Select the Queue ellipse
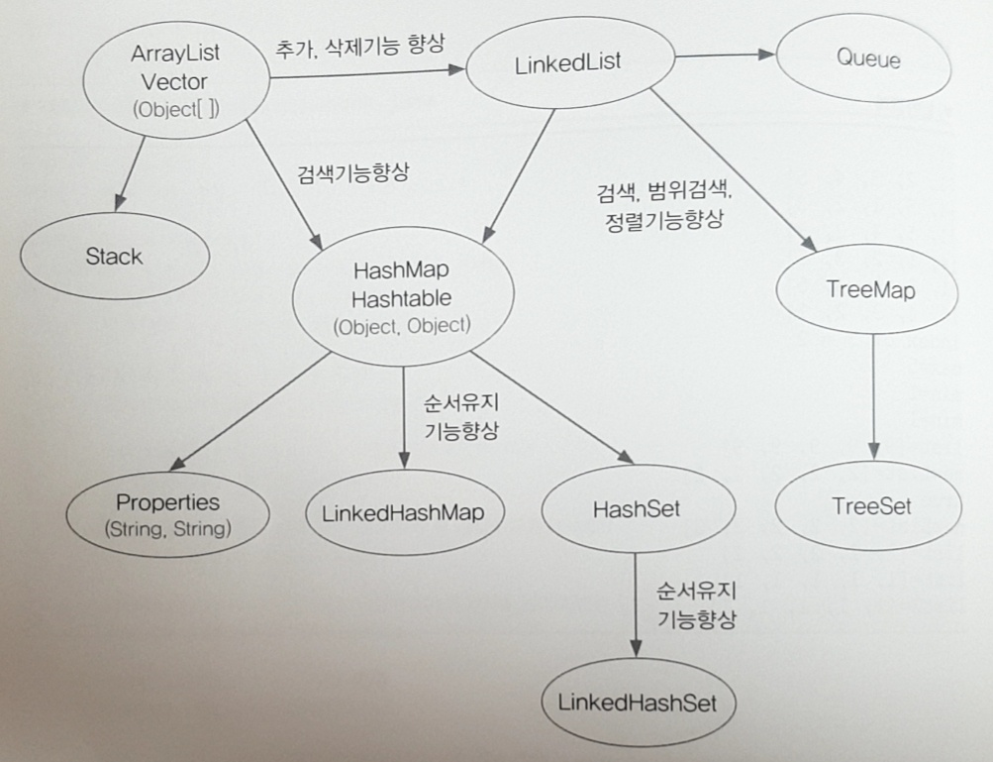click(x=868, y=59)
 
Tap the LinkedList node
click(x=568, y=62)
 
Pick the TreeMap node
click(x=870, y=290)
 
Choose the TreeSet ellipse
click(x=870, y=506)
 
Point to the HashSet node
click(x=637, y=508)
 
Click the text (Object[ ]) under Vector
click(x=175, y=109)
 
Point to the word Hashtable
click(x=402, y=297)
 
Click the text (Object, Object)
click(x=402, y=325)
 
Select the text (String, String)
click(x=167, y=529)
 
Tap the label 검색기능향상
click(x=352, y=172)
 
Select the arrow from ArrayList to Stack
click(x=131, y=172)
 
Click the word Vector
click(x=174, y=81)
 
